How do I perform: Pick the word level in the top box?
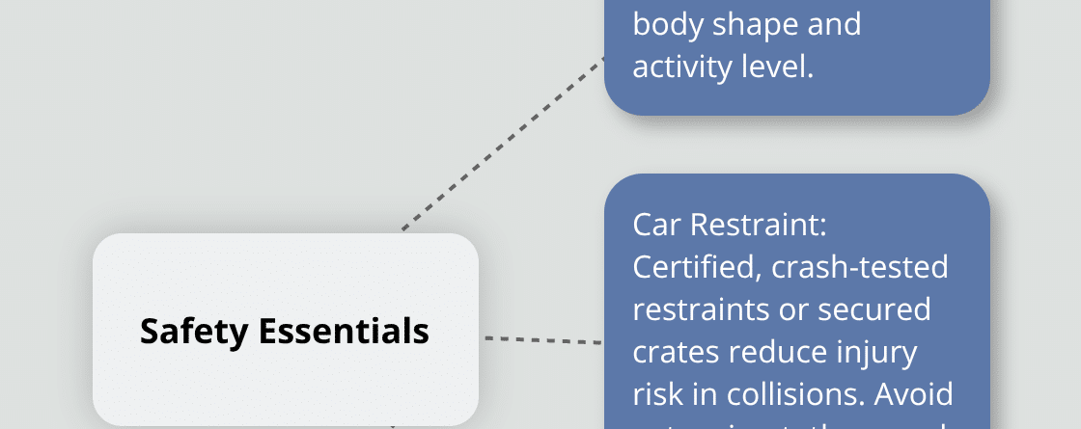[x=783, y=67]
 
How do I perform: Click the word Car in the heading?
[x=655, y=225]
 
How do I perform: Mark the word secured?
[x=878, y=310]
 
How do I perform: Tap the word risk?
[x=658, y=395]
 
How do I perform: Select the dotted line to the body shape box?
[x=502, y=145]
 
